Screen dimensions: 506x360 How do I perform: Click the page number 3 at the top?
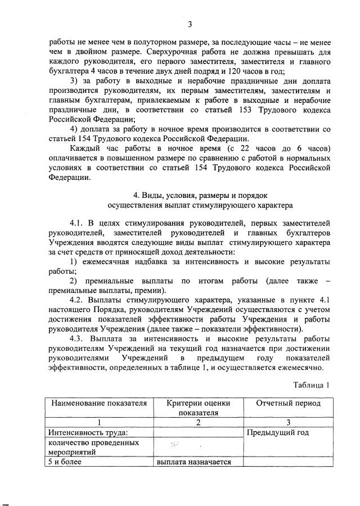click(190, 24)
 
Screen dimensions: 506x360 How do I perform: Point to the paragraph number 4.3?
click(78, 339)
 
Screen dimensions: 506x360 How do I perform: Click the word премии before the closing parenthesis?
click(148, 291)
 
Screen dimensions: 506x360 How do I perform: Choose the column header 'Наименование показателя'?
click(99, 403)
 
